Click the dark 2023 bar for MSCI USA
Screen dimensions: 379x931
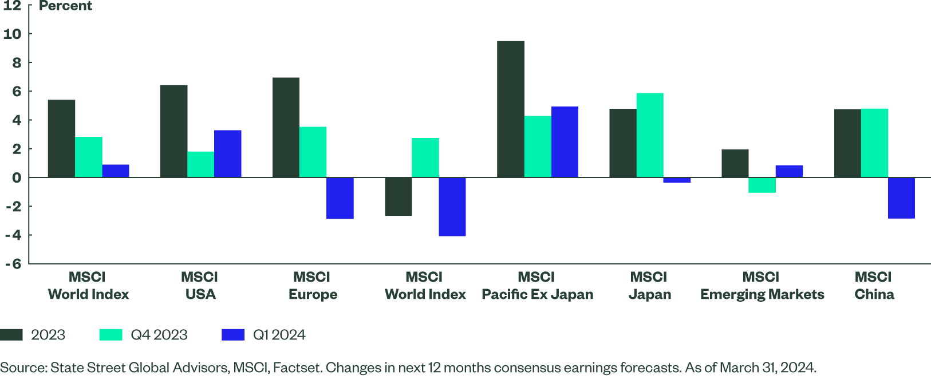[x=173, y=131]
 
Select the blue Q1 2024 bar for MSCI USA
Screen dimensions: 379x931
[x=228, y=153]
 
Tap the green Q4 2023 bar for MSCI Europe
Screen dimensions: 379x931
[x=313, y=152]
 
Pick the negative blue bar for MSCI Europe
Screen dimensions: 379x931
[x=340, y=198]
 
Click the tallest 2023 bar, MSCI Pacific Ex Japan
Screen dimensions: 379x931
[x=510, y=109]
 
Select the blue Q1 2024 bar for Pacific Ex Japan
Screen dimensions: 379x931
[x=565, y=142]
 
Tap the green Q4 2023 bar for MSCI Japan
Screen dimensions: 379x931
[x=650, y=135]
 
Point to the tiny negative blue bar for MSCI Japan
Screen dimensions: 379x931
[x=677, y=180]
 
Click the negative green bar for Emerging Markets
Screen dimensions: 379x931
[x=762, y=185]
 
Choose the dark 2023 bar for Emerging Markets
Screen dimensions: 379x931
[x=735, y=163]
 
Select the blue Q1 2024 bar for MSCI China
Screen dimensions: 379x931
[x=901, y=198]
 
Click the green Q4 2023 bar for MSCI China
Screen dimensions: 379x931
[x=874, y=143]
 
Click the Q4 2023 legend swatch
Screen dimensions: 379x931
[x=111, y=335]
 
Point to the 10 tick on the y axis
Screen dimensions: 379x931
[x=12, y=34]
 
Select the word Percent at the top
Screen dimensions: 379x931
[x=65, y=6]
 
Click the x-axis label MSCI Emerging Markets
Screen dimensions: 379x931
[x=762, y=286]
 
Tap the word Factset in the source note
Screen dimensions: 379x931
[x=295, y=368]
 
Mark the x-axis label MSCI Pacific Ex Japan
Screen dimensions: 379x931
[x=537, y=286]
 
